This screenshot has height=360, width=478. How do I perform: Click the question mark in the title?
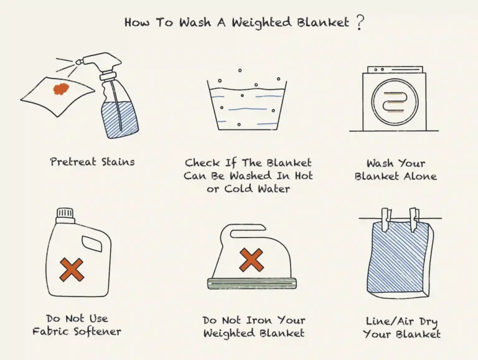(360, 22)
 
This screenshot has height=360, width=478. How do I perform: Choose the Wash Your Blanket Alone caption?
(396, 169)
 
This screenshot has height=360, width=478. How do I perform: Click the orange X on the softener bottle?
(72, 269)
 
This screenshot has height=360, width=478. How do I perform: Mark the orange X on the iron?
(251, 259)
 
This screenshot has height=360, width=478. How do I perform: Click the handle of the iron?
(249, 232)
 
